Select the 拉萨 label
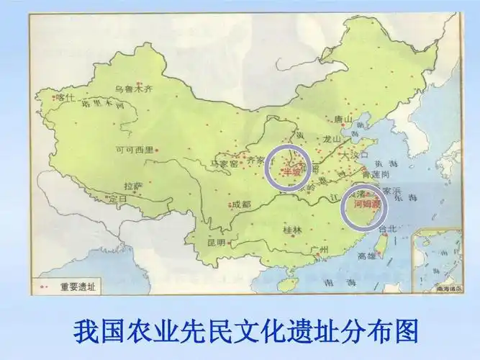(133, 184)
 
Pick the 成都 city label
(242, 204)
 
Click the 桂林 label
(292, 230)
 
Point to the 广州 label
(320, 249)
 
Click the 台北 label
(387, 228)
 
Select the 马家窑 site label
(225, 164)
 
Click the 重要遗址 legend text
(78, 286)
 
